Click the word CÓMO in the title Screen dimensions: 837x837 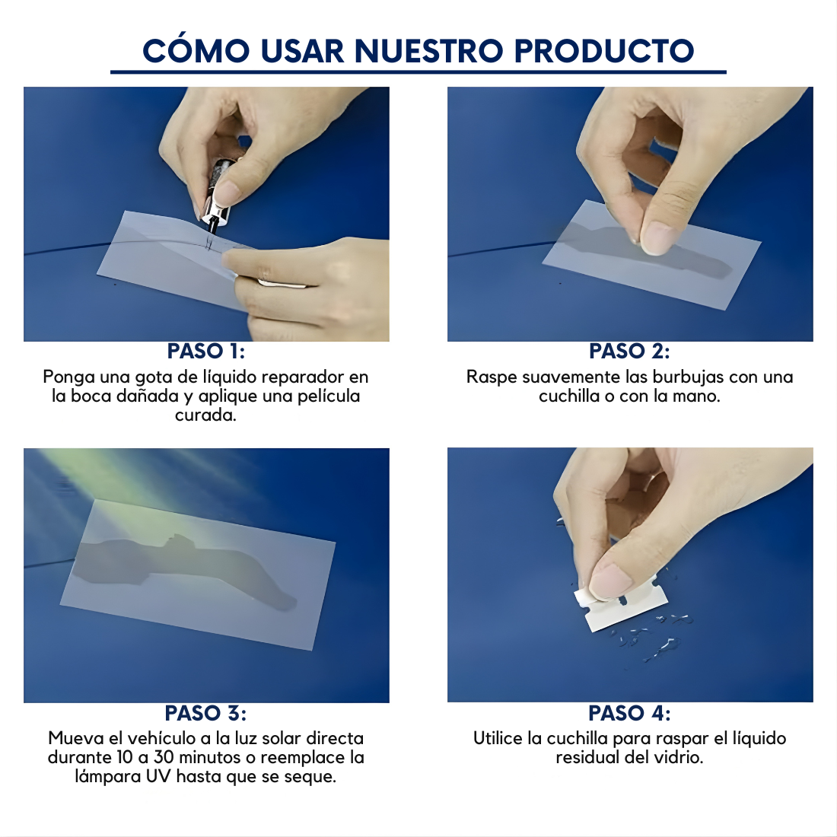pyautogui.click(x=196, y=51)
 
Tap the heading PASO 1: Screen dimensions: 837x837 pyautogui.click(x=206, y=351)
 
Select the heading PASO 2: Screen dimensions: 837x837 pyautogui.click(x=629, y=351)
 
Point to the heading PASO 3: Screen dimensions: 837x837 pyautogui.click(x=205, y=713)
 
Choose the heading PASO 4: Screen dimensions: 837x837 pyautogui.click(x=629, y=713)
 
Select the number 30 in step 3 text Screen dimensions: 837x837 pyautogui.click(x=164, y=758)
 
